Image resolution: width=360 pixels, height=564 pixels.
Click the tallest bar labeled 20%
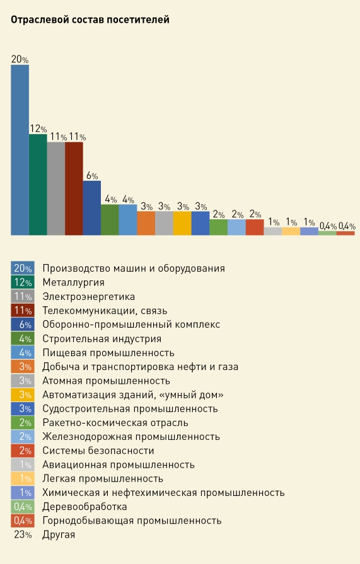pos(20,150)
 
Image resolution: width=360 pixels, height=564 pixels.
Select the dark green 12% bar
pos(38,185)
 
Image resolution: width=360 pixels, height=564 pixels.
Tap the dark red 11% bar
pos(74,188)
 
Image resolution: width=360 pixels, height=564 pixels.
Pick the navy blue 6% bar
pos(92,208)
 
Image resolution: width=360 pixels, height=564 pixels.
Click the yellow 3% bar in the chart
pos(182,223)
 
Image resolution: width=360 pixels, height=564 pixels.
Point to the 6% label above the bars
pos(92,176)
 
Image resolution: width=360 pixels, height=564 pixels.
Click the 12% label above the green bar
pos(38,129)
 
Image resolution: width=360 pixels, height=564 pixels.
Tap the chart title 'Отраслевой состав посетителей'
pos(90,20)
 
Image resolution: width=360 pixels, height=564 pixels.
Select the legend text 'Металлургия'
pos(73,283)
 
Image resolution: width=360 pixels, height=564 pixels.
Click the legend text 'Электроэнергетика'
pos(88,297)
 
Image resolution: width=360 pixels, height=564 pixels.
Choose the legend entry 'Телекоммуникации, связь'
pos(105,311)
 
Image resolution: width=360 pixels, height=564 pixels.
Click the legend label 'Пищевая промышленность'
pos(108,353)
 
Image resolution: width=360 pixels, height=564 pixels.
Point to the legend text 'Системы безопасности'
pos(98,451)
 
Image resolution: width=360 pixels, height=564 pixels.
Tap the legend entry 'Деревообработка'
pos(84,507)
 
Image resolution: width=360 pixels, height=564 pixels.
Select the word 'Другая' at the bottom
pos(59,535)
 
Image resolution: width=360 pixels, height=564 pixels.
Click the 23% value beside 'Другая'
pos(23,535)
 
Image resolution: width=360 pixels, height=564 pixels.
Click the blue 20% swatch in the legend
pos(23,268)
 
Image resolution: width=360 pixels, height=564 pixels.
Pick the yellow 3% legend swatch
pos(23,394)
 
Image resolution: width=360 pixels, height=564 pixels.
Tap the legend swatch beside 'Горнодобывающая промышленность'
pos(23,521)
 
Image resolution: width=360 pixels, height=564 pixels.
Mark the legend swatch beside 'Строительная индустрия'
pos(23,338)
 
